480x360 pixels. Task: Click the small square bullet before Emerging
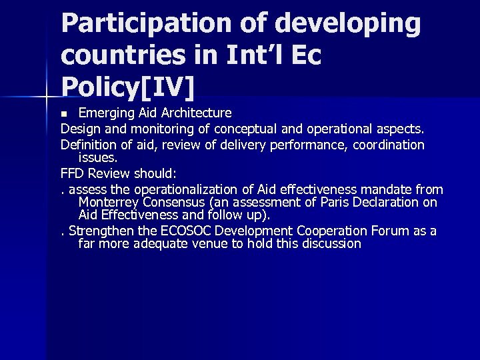coord(65,113)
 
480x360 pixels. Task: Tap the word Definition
coord(88,145)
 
